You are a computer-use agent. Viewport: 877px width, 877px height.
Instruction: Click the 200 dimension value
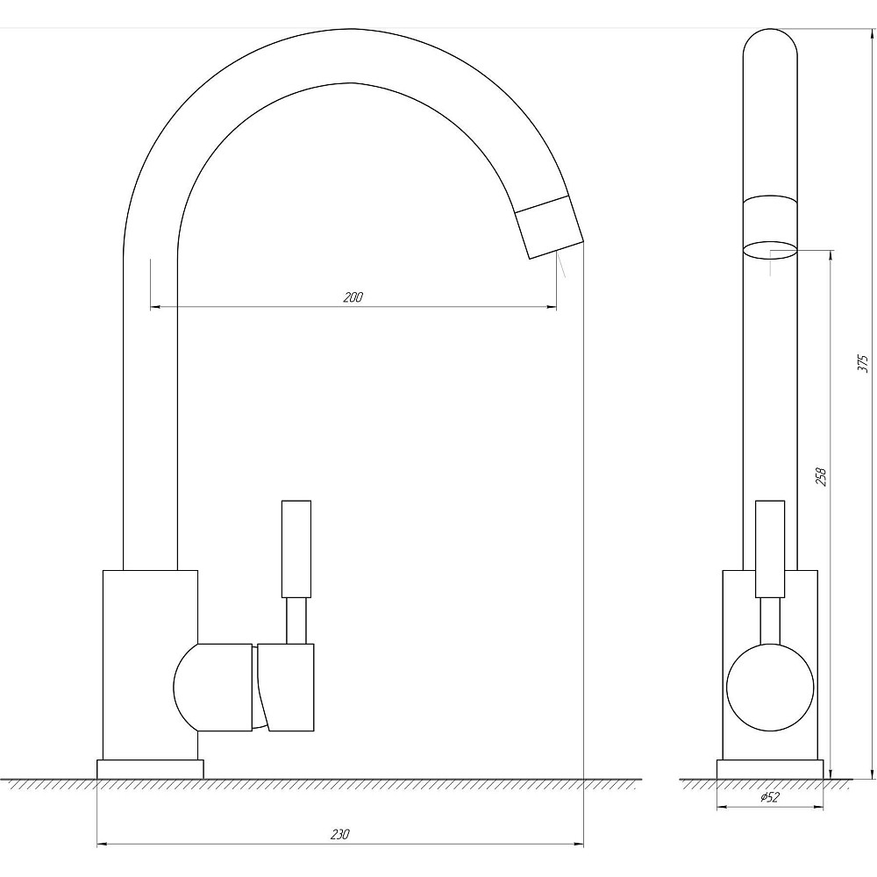pyautogui.click(x=353, y=297)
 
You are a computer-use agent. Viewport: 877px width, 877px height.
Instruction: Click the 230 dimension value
pyautogui.click(x=339, y=835)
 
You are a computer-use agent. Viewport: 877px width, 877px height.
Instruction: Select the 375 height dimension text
pyautogui.click(x=863, y=363)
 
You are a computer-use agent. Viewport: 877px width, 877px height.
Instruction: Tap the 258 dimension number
pyautogui.click(x=821, y=476)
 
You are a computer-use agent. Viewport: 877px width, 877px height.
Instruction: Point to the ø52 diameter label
pyautogui.click(x=770, y=797)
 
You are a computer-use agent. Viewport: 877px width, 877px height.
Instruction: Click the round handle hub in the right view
pyautogui.click(x=770, y=688)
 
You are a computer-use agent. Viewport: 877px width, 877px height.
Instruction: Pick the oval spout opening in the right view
pyautogui.click(x=770, y=251)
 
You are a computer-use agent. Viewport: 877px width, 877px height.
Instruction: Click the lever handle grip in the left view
pyautogui.click(x=296, y=549)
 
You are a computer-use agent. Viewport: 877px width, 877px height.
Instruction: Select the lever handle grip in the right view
pyautogui.click(x=770, y=549)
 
